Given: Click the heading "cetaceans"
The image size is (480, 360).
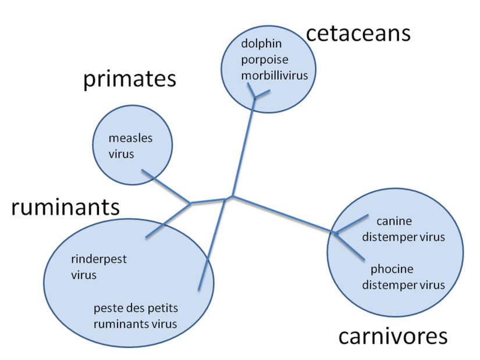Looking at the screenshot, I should [x=358, y=33].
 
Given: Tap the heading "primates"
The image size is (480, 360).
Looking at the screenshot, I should [x=129, y=79].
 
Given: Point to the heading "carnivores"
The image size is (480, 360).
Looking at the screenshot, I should [x=393, y=336].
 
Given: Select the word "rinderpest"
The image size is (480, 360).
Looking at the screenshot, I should [x=99, y=259].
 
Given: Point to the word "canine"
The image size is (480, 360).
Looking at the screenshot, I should [x=394, y=222].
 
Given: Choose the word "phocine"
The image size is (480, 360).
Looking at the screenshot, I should [x=392, y=270].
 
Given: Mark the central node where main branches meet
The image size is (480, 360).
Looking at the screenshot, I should [x=231, y=198].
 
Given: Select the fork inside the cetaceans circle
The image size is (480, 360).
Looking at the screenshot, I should [x=254, y=97].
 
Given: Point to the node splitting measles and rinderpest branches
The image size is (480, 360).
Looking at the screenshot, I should [x=190, y=204].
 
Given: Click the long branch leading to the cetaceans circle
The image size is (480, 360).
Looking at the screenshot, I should [x=243, y=145].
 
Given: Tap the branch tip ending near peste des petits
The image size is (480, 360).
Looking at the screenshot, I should [x=199, y=289].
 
